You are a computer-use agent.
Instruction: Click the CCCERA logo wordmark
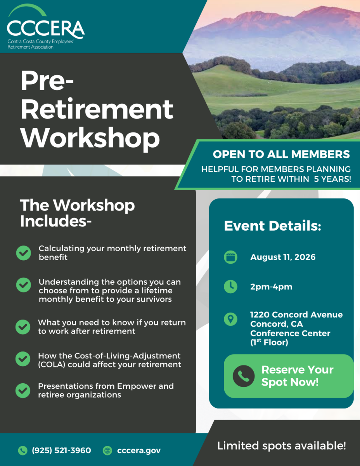pyautogui.click(x=46, y=30)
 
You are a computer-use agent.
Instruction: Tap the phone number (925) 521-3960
pyautogui.click(x=61, y=450)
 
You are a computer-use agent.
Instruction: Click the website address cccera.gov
pyautogui.click(x=139, y=450)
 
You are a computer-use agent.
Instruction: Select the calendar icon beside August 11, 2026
pyautogui.click(x=230, y=257)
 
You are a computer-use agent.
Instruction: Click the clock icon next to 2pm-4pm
pyautogui.click(x=230, y=287)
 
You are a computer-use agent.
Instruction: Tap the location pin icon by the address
pyautogui.click(x=230, y=319)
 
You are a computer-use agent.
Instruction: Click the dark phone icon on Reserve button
pyautogui.click(x=244, y=376)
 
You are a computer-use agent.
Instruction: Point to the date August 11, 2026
pyautogui.click(x=283, y=257)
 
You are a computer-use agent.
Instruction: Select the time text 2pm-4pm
pyautogui.click(x=271, y=287)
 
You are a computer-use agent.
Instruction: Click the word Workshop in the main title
pyautogui.click(x=90, y=137)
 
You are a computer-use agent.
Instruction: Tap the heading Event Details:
pyautogui.click(x=272, y=226)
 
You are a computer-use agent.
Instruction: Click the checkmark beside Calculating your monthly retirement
pyautogui.click(x=24, y=253)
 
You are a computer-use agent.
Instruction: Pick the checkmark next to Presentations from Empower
pyautogui.click(x=23, y=391)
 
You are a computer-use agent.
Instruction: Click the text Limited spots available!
pyautogui.click(x=282, y=446)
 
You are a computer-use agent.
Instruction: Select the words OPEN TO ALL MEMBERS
pyautogui.click(x=281, y=154)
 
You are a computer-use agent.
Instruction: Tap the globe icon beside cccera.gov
pyautogui.click(x=107, y=450)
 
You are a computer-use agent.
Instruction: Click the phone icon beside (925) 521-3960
pyautogui.click(x=23, y=450)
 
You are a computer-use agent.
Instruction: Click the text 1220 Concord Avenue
pyautogui.click(x=296, y=315)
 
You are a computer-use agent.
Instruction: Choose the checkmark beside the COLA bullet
pyautogui.click(x=23, y=359)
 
